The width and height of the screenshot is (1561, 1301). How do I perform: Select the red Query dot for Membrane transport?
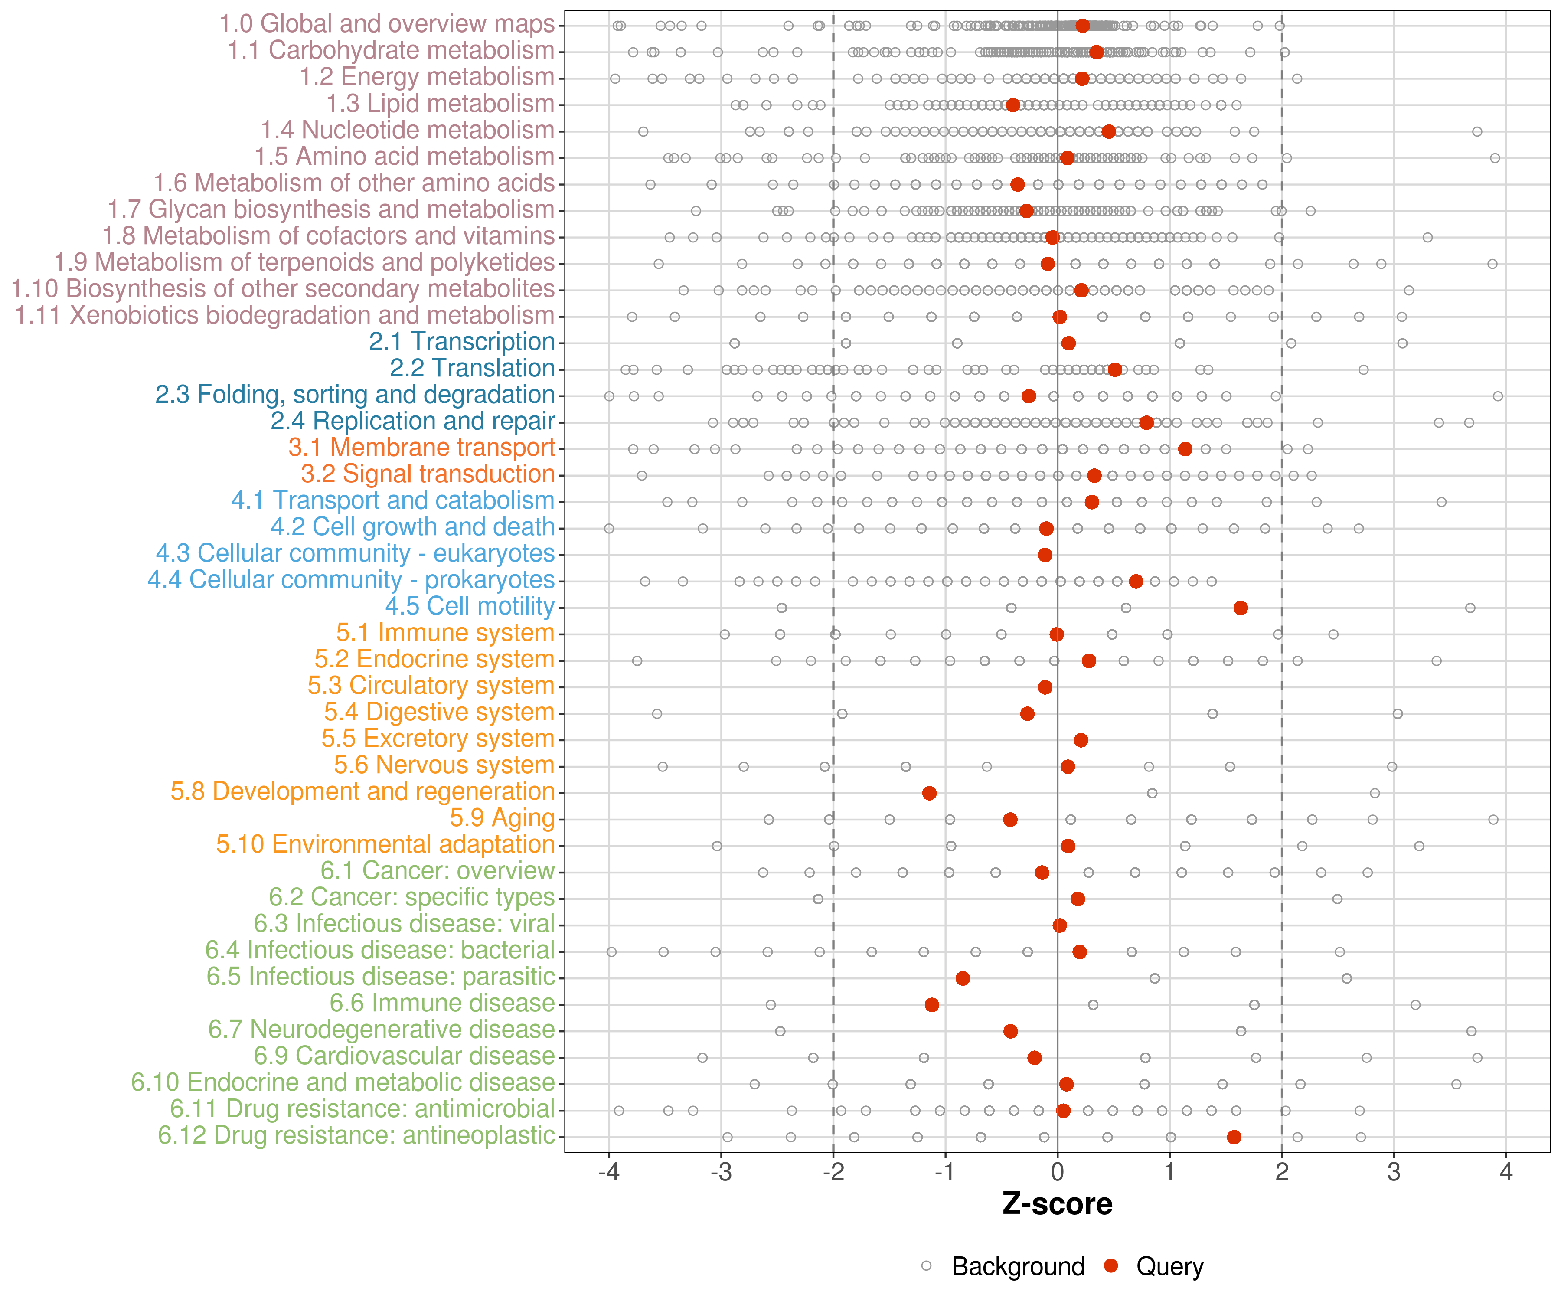point(1185,449)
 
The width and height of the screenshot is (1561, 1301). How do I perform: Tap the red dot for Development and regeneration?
point(929,793)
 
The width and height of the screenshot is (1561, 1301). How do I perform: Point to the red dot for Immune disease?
point(931,1005)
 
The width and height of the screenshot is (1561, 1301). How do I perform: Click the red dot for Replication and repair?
point(1146,423)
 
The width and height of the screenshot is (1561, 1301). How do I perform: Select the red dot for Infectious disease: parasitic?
point(963,978)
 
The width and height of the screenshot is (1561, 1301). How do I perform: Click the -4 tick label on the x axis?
point(609,1173)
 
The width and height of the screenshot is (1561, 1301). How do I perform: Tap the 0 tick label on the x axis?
point(1057,1173)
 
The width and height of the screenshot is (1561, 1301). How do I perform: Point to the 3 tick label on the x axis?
point(1394,1173)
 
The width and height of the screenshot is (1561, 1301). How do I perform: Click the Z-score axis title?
point(1057,1204)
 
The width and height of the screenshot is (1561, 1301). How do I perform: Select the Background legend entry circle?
point(926,1265)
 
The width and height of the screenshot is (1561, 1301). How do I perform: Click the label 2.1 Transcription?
point(462,342)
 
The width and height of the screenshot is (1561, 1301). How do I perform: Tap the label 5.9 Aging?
point(502,818)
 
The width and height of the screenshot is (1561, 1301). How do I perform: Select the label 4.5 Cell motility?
point(470,607)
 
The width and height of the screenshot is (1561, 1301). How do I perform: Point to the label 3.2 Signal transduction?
point(428,474)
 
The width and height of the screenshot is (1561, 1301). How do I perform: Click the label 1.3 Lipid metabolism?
point(440,104)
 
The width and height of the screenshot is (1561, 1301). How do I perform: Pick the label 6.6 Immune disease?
point(442,1004)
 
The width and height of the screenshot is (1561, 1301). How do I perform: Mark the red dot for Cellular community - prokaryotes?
point(1136,582)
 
